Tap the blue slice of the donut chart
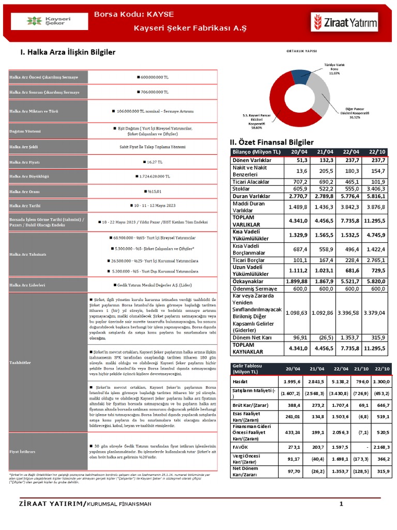pyautogui.click(x=301, y=75)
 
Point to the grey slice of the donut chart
pyautogui.click(x=322, y=96)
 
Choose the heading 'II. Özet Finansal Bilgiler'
pyautogui.click(x=272, y=142)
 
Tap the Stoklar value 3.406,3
pyautogui.click(x=374, y=189)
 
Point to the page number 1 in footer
pyautogui.click(x=341, y=504)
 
